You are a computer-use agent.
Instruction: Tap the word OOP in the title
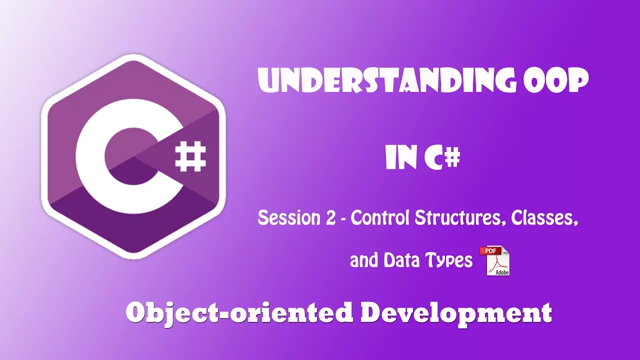[x=555, y=80]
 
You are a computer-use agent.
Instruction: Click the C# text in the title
[x=442, y=157]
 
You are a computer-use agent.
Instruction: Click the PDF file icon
[x=495, y=260]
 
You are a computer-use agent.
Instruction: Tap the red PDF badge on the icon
[x=490, y=251]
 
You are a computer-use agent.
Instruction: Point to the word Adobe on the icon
[x=502, y=272]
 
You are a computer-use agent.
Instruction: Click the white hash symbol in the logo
[x=190, y=157]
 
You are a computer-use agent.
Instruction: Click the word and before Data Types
[x=364, y=260]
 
